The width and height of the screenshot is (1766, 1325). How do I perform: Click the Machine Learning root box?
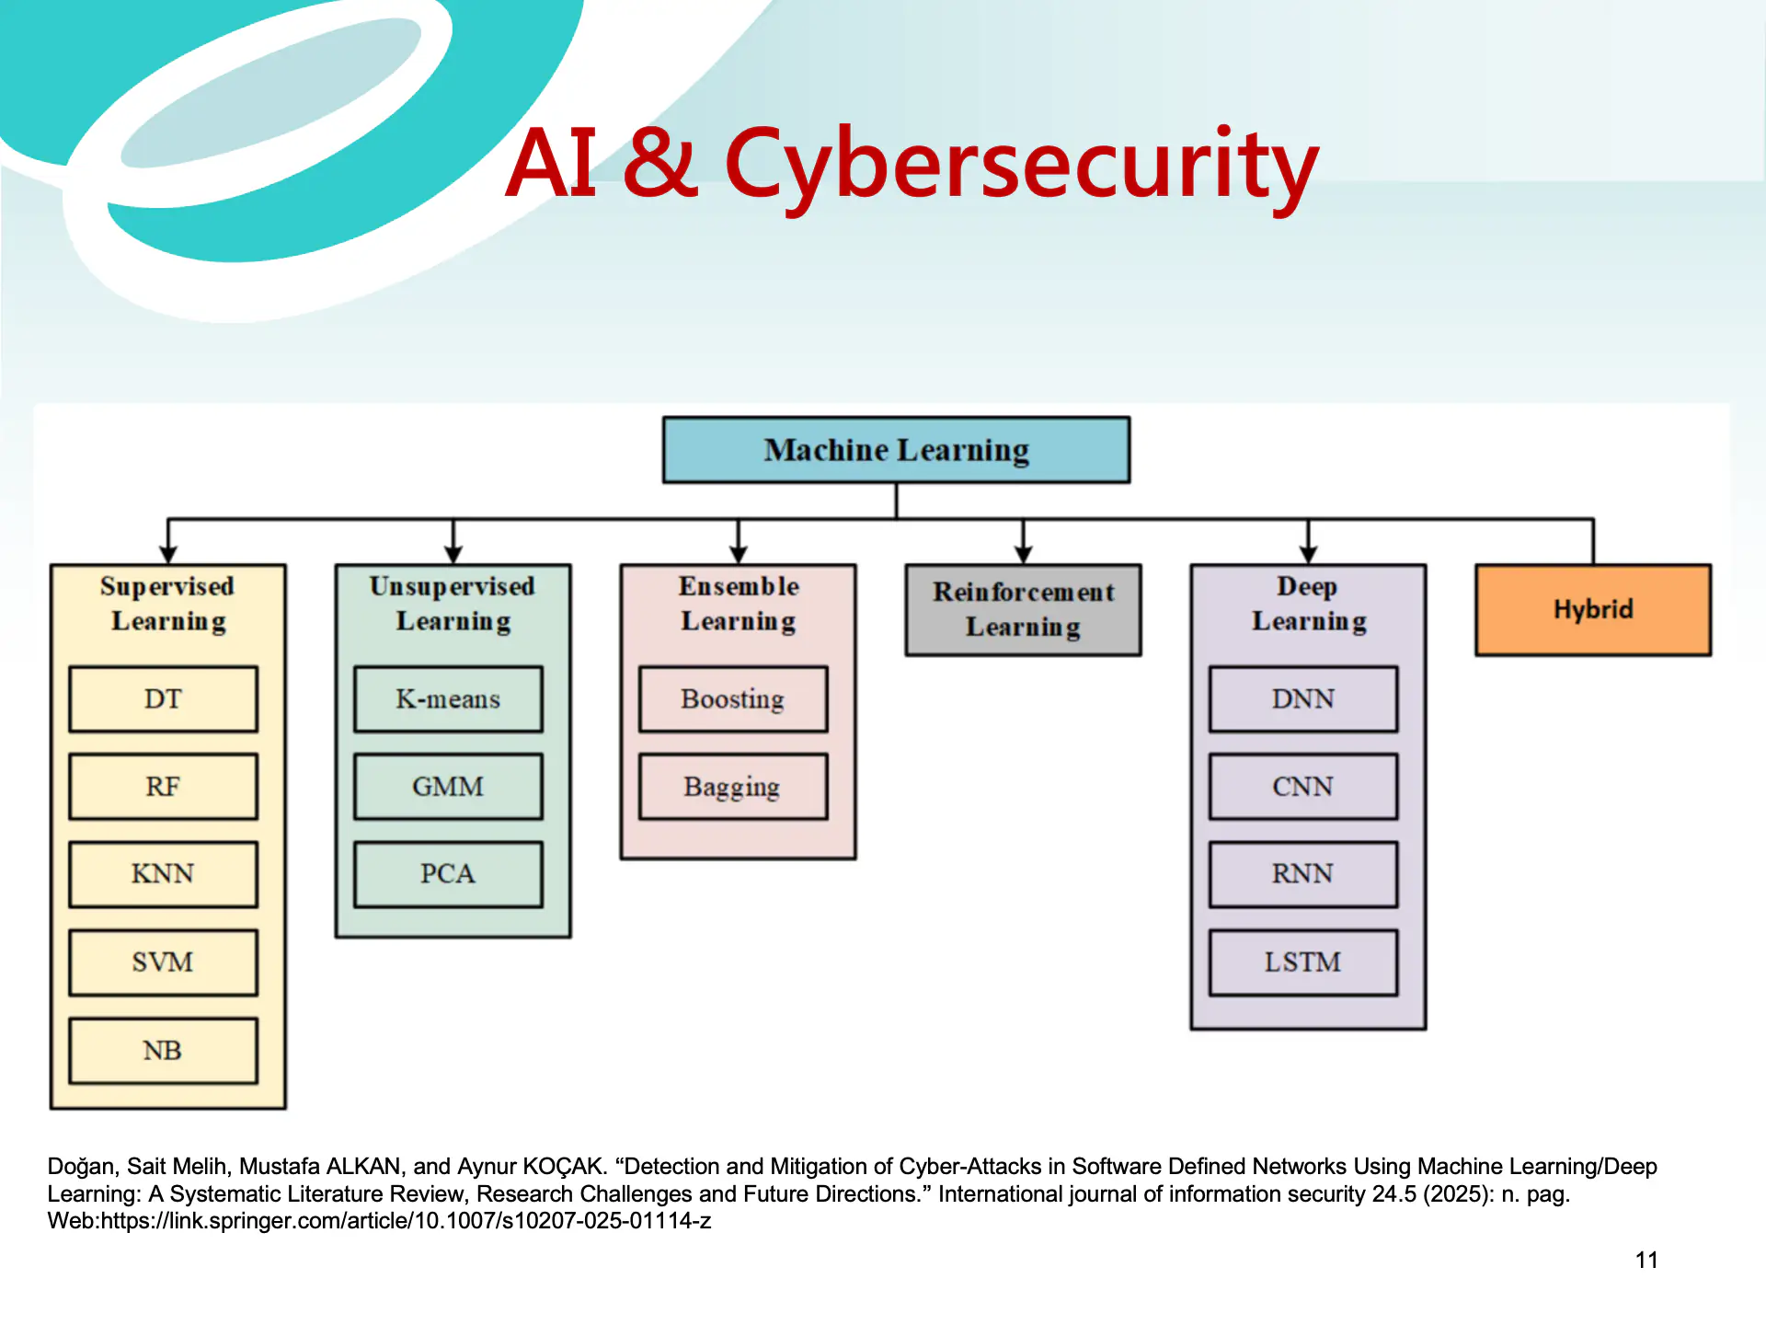pyautogui.click(x=896, y=450)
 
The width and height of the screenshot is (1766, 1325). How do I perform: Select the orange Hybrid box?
pyautogui.click(x=1593, y=609)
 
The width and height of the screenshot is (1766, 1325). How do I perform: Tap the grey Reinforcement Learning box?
pyautogui.click(x=1023, y=609)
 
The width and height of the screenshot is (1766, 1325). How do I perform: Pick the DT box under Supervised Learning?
pyautogui.click(x=163, y=699)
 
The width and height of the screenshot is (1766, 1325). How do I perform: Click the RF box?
pyautogui.click(x=163, y=787)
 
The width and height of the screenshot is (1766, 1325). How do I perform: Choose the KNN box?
pyautogui.click(x=163, y=874)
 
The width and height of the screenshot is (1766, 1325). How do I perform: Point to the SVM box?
pyautogui.click(x=163, y=962)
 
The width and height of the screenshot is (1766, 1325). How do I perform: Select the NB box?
pyautogui.click(x=163, y=1051)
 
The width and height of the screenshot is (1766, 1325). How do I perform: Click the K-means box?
pyautogui.click(x=448, y=699)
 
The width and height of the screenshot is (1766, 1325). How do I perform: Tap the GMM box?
pyautogui.click(x=448, y=787)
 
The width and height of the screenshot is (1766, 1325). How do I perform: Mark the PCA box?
pyautogui.click(x=448, y=874)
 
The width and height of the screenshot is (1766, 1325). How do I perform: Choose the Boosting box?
pyautogui.click(x=733, y=699)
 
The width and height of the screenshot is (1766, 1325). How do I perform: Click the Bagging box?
pyautogui.click(x=733, y=787)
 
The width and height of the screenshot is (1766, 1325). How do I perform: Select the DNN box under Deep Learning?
pyautogui.click(x=1303, y=699)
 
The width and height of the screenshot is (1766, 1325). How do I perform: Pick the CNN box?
pyautogui.click(x=1303, y=787)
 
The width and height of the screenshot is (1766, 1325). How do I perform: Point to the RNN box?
pyautogui.click(x=1303, y=874)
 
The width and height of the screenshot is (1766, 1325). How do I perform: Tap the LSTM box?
pyautogui.click(x=1303, y=962)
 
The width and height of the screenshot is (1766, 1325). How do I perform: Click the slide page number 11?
pyautogui.click(x=1646, y=1261)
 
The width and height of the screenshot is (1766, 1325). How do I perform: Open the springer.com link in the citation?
pyautogui.click(x=406, y=1221)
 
